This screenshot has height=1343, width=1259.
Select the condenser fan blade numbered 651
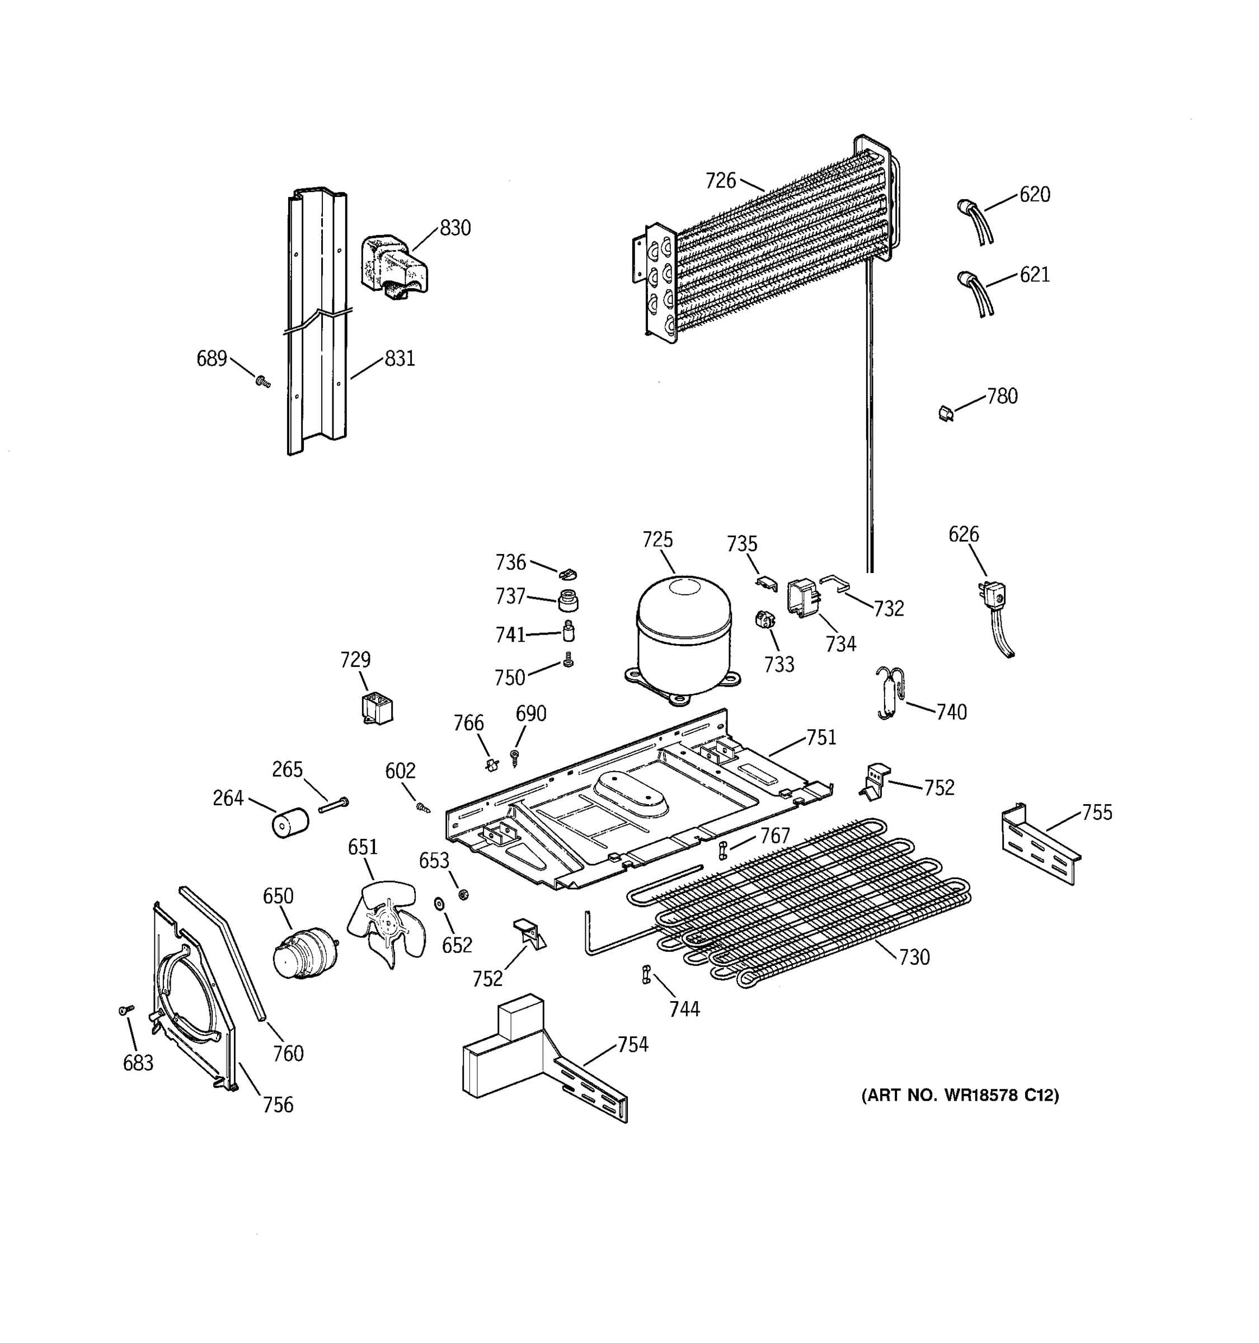pos(386,921)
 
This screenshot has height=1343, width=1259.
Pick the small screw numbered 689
pos(263,382)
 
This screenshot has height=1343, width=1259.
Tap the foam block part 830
pos(394,265)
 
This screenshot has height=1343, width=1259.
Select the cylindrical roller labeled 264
pos(289,824)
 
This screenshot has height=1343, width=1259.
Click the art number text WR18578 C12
pos(959,1095)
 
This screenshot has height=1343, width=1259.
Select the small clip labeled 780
pos(946,412)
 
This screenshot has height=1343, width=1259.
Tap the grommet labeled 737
pos(568,599)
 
